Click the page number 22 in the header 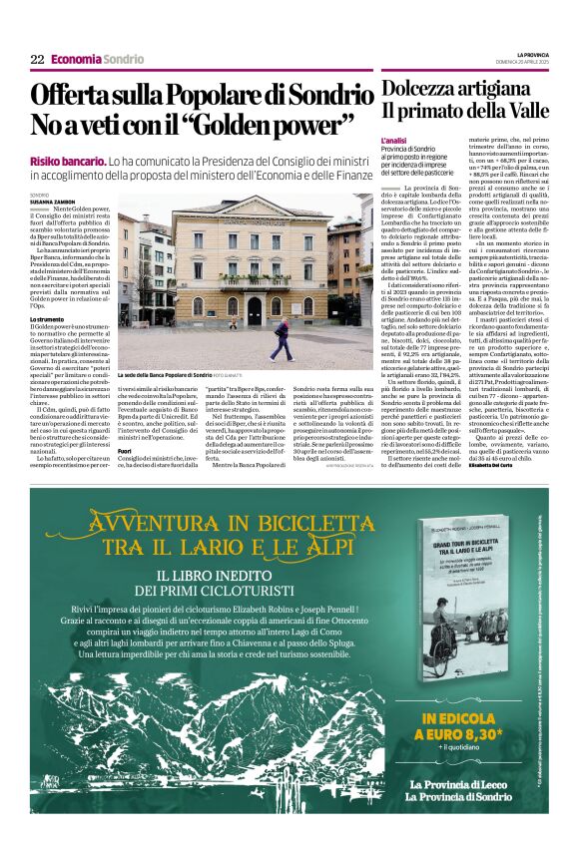(x=37, y=60)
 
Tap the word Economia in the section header (x=76, y=60)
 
